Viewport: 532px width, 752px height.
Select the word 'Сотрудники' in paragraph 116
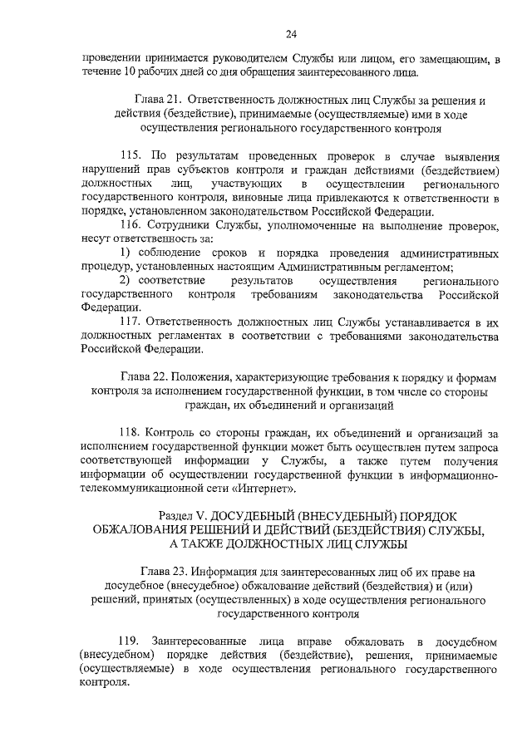[x=180, y=226]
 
